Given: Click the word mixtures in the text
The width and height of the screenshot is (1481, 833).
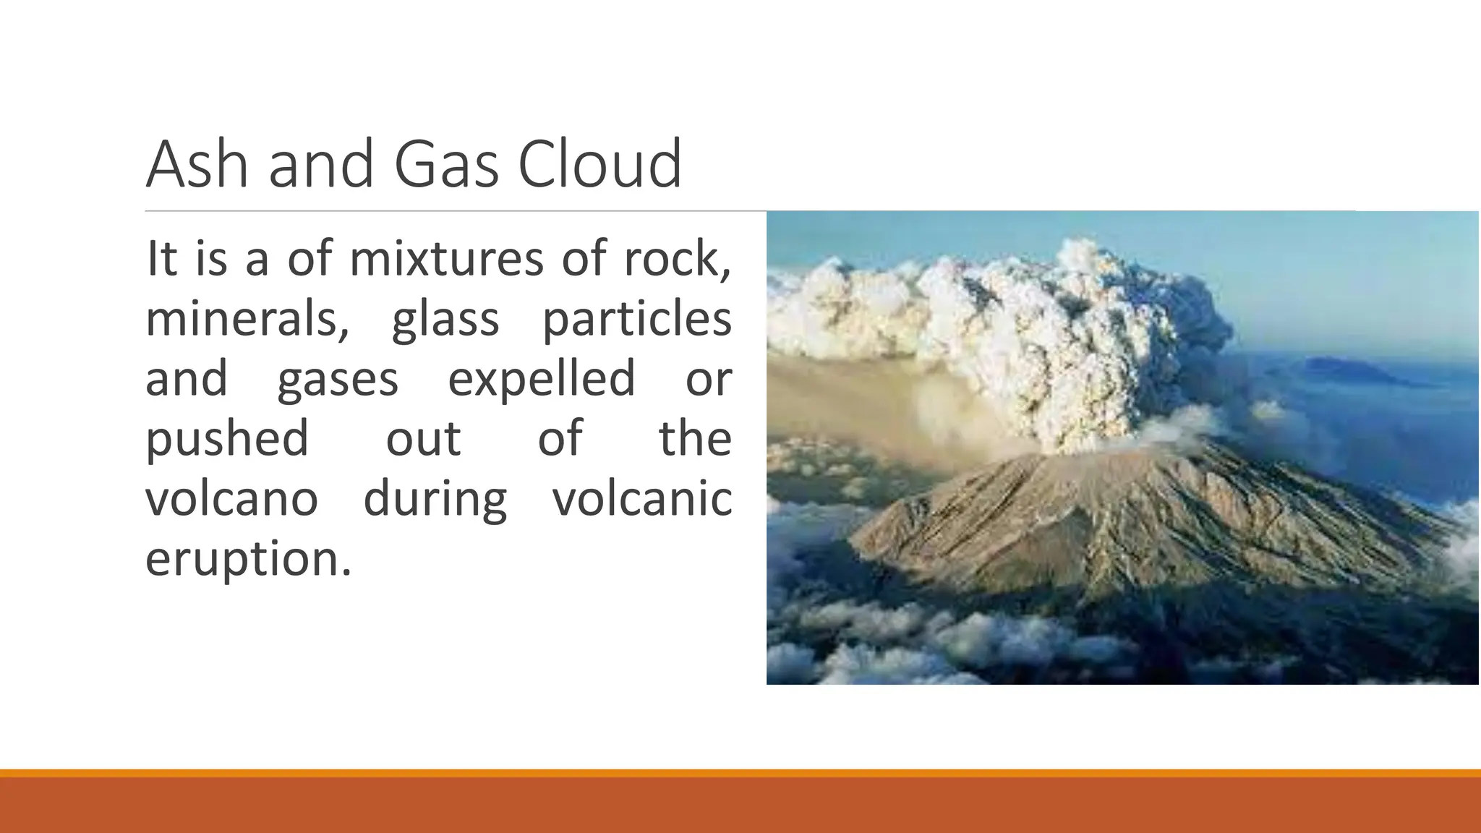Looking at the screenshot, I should [x=446, y=259].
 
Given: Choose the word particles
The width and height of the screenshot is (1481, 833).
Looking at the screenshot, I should [x=636, y=319].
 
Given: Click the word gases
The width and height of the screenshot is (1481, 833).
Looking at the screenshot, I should [x=337, y=379].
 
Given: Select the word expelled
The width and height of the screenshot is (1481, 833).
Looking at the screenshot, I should [x=541, y=379].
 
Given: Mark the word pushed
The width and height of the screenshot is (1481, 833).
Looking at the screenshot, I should [x=227, y=439].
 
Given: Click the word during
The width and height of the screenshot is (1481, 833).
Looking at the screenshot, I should [x=435, y=499].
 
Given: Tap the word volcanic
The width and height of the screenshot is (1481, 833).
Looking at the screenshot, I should [x=642, y=499].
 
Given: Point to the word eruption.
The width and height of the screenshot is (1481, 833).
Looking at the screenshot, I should [x=247, y=559].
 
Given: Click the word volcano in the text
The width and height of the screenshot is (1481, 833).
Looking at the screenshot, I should [x=231, y=499].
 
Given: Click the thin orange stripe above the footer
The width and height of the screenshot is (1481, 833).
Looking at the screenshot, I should [x=740, y=773].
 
